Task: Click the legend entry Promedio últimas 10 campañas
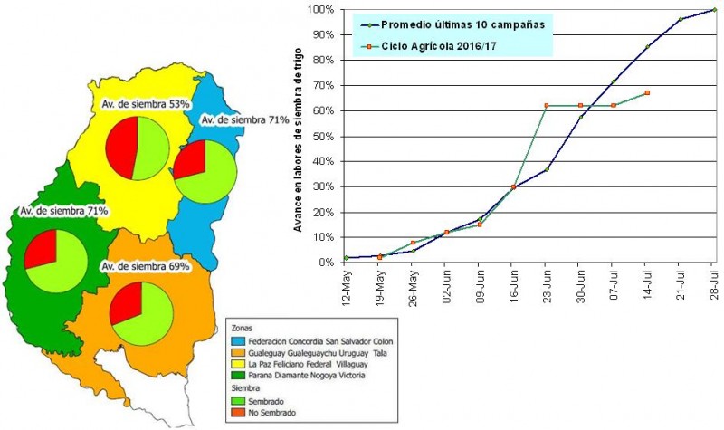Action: (x=453, y=24)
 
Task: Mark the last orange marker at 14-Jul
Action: (x=647, y=93)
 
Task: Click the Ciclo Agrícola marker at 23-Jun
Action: (x=547, y=106)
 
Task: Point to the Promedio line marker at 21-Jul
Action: (x=681, y=19)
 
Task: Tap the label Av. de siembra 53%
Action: (x=146, y=105)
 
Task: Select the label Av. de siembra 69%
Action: (x=145, y=266)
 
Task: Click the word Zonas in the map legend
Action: (x=243, y=329)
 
